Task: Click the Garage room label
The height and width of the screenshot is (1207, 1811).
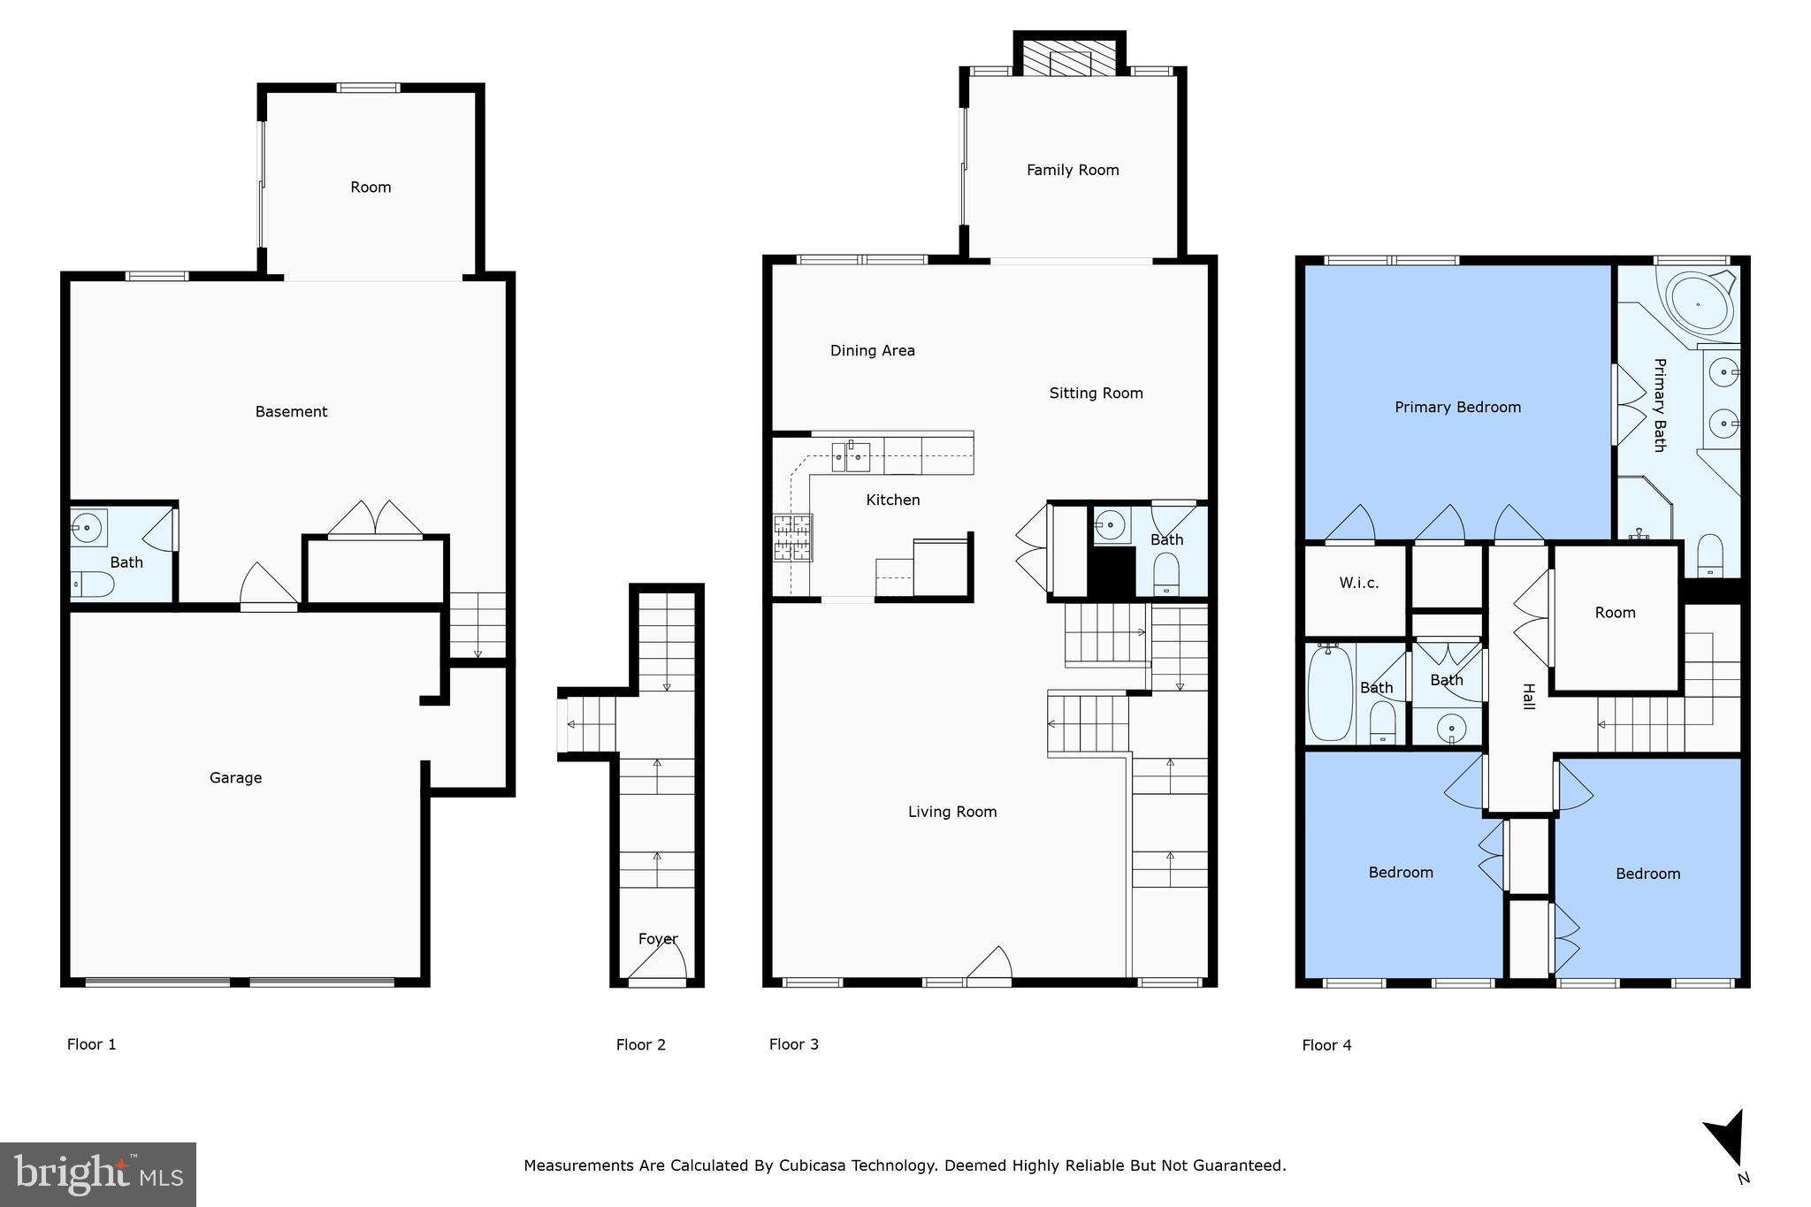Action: [235, 777]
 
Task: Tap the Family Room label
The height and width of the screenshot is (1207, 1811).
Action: [1072, 170]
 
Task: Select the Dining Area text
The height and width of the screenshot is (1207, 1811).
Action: [872, 350]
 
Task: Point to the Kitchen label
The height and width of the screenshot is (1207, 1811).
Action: [892, 500]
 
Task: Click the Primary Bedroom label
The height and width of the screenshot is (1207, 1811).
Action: [1457, 407]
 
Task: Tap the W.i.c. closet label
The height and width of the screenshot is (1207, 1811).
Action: [1358, 583]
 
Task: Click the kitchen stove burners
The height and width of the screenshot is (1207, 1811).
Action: [792, 538]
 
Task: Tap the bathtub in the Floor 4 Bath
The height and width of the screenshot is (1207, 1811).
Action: [1329, 692]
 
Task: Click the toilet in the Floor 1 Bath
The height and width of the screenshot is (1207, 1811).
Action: [93, 584]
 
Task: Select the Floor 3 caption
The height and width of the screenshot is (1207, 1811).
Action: [793, 1044]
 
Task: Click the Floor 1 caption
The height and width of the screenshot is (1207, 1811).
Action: [91, 1044]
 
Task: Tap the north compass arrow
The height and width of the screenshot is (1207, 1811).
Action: [1727, 1140]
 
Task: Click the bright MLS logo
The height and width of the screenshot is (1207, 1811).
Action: [97, 1174]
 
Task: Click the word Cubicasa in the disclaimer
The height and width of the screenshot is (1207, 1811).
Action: [812, 1165]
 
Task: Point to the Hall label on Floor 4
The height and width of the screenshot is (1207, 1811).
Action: [1528, 696]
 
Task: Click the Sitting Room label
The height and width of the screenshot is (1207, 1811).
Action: [1096, 393]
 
